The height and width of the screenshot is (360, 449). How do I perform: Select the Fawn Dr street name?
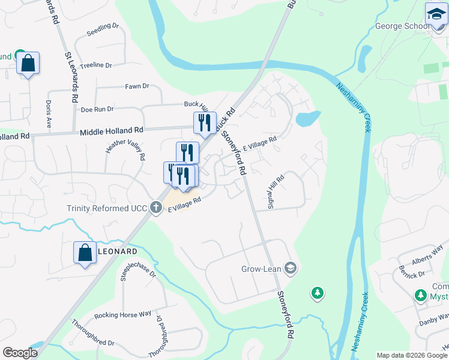tap(137, 86)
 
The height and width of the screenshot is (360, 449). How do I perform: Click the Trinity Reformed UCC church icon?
tap(156, 208)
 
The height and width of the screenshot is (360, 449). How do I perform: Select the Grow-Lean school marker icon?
tap(291, 268)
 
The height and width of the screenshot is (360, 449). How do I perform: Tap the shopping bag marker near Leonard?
tap(85, 251)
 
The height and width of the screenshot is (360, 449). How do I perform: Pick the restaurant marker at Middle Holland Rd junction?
tap(205, 123)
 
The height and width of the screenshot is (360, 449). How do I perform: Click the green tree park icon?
tap(317, 293)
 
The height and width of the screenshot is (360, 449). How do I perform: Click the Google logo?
tap(20, 353)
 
